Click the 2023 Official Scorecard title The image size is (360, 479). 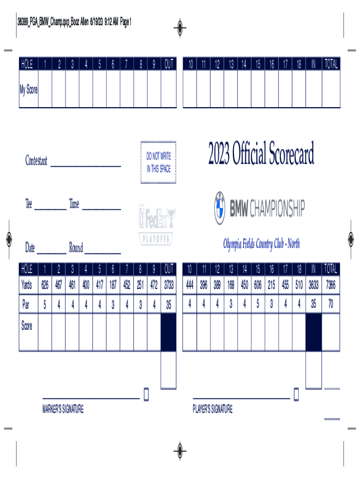coord(261,154)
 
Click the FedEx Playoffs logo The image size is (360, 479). coord(157,225)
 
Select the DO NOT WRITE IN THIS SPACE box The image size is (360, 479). coord(158,162)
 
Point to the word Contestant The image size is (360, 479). coord(36,161)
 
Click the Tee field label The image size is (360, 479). coord(29,204)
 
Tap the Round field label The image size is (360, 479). coord(76,248)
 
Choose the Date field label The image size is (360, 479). coord(30,248)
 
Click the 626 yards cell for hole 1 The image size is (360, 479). coord(45,284)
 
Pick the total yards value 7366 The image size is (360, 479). coord(331,284)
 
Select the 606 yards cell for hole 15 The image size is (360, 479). coord(258,284)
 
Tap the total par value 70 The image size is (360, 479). coord(331,304)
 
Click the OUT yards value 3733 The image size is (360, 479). coord(169,284)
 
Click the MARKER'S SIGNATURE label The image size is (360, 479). coord(63,410)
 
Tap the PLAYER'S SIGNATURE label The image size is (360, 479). coord(213,410)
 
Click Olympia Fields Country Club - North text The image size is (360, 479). coord(261,244)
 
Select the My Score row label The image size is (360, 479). coord(29,90)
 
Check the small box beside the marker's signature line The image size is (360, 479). coord(146,394)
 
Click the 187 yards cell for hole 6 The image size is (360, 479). coord(113,284)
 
